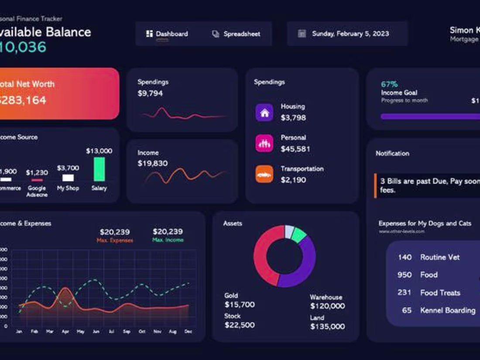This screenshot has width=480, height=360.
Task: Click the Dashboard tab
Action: coord(167,34)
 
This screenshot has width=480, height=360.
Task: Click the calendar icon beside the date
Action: coord(302,34)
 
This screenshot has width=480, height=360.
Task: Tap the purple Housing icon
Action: coord(264,113)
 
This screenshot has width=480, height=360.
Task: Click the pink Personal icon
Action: coord(264,144)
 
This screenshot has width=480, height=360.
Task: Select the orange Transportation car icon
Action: coord(264,175)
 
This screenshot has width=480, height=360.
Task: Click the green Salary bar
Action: coord(99,169)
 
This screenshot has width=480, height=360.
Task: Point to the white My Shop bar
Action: coord(68,178)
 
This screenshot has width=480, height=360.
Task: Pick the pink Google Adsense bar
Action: coord(37,180)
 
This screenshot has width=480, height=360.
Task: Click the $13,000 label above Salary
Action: coord(99,151)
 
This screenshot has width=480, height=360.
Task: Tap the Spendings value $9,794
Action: coord(150,93)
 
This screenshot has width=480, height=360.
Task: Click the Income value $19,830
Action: coord(152,163)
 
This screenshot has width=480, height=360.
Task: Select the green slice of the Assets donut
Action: coord(299,235)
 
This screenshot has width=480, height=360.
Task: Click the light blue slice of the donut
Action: coord(289,231)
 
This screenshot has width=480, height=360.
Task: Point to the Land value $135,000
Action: coord(327,326)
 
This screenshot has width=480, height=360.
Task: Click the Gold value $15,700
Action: coord(240,305)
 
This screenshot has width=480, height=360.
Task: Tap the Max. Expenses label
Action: coord(115,240)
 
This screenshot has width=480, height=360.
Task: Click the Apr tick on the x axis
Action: coord(65,332)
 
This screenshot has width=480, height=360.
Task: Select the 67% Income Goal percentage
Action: coord(389,84)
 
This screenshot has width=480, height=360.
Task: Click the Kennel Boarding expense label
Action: coord(448,310)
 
